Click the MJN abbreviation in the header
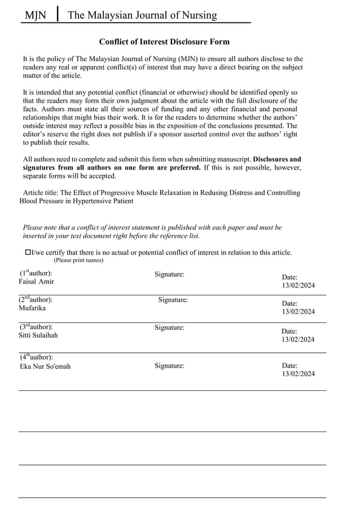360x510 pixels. (x=35, y=15)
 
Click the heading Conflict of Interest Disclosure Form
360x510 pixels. (x=164, y=42)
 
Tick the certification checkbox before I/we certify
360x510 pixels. (x=28, y=252)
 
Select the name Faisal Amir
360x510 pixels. (x=37, y=281)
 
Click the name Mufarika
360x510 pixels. (x=33, y=308)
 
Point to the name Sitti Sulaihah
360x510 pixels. (x=38, y=335)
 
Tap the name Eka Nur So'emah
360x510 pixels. (x=45, y=366)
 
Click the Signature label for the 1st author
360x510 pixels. (x=169, y=274)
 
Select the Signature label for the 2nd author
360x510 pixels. (x=173, y=300)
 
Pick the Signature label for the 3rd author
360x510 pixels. (x=169, y=327)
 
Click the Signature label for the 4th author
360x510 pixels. (x=169, y=365)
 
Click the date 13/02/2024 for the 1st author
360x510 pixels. (x=298, y=285)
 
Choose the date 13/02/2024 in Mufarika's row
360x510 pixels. (x=298, y=312)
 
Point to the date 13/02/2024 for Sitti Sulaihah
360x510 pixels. (x=298, y=339)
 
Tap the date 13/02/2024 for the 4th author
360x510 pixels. (x=298, y=373)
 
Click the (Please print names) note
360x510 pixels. (x=78, y=260)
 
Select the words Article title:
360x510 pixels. (x=41, y=193)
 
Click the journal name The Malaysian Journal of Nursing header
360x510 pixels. (x=142, y=15)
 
